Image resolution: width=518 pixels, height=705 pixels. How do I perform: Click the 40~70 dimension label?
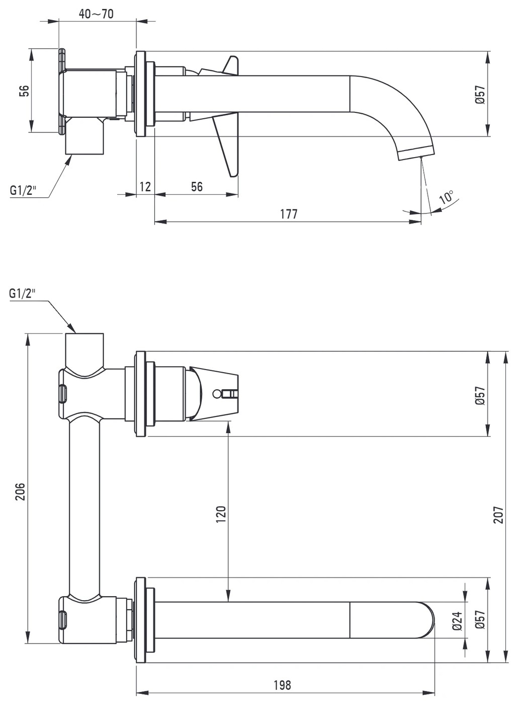point(96,14)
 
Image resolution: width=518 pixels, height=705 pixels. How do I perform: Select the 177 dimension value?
point(289,214)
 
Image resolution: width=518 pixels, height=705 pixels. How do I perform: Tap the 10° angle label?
point(447,197)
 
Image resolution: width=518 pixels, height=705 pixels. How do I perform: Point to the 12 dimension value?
point(145,187)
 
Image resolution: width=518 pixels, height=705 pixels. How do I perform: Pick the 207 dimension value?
point(498,515)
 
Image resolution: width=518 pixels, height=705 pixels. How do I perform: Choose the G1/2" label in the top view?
point(23,190)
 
